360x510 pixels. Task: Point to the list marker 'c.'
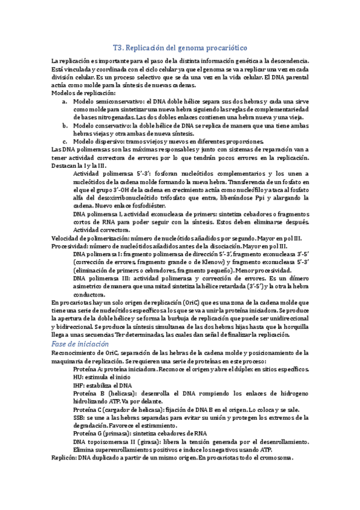click(64, 140)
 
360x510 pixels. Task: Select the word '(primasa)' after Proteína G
click(117, 432)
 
